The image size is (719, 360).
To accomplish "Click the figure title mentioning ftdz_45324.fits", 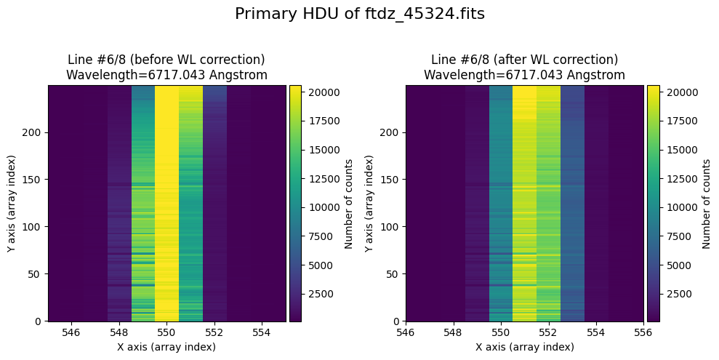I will [359, 14].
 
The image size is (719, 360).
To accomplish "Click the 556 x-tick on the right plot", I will [644, 332].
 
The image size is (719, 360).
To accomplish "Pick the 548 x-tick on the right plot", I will [453, 332].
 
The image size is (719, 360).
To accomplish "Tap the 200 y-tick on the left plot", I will [33, 132].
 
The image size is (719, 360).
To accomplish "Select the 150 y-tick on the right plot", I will [391, 180].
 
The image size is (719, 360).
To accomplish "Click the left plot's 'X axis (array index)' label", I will [166, 347].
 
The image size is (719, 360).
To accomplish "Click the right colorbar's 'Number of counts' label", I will [706, 203].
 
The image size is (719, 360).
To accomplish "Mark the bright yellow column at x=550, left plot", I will [166, 204].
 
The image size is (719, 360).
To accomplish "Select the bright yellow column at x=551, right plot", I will [524, 204].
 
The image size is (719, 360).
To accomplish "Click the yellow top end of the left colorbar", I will [294, 89].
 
